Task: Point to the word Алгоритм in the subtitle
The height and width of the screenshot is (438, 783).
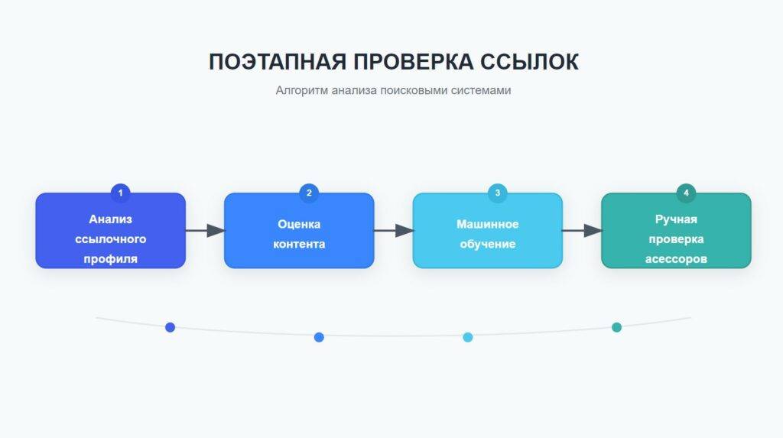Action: pos(299,90)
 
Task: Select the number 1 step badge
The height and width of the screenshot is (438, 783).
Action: pos(120,193)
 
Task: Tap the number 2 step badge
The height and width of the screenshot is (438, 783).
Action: pos(309,193)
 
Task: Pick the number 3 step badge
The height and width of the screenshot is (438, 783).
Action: pos(497,193)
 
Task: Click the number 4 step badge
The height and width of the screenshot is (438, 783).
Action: pos(686,193)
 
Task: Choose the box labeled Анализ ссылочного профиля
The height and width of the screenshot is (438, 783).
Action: pos(110,231)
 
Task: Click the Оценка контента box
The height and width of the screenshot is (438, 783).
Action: pos(299,231)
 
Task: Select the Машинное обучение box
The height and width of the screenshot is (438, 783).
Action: pos(487,231)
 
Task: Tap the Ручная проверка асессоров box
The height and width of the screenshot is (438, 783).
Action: pos(676,231)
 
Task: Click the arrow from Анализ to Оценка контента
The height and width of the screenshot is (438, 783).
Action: pos(205,230)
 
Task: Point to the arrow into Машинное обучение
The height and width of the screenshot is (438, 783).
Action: pos(393,230)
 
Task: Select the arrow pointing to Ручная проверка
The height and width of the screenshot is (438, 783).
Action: pos(582,230)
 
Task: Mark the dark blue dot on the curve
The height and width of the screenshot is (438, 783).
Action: pos(171,327)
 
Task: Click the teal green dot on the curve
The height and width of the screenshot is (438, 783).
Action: pos(616,327)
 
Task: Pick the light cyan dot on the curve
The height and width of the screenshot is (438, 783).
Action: pos(468,337)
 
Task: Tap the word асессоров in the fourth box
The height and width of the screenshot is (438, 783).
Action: pos(676,259)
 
